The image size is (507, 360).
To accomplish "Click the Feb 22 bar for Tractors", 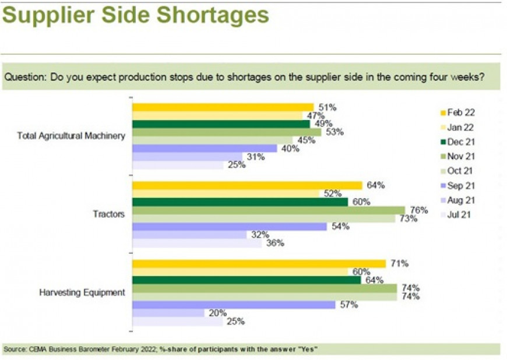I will pyautogui.click(x=248, y=186).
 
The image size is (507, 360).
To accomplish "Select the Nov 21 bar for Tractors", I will pyautogui.click(x=268, y=210).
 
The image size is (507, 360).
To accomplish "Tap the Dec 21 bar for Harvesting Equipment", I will pyautogui.click(x=247, y=280).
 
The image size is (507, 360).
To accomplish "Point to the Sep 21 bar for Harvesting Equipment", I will pyautogui.click(x=234, y=305).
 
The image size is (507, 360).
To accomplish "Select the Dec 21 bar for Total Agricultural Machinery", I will pyautogui.click(x=221, y=124).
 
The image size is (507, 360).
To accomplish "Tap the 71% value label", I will pyautogui.click(x=399, y=264).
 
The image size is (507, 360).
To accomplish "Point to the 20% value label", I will pyautogui.click(x=217, y=313).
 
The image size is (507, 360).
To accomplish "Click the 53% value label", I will pyautogui.click(x=335, y=132).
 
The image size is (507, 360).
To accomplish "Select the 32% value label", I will pyautogui.click(x=260, y=235).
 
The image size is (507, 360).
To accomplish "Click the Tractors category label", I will pyautogui.click(x=110, y=214).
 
